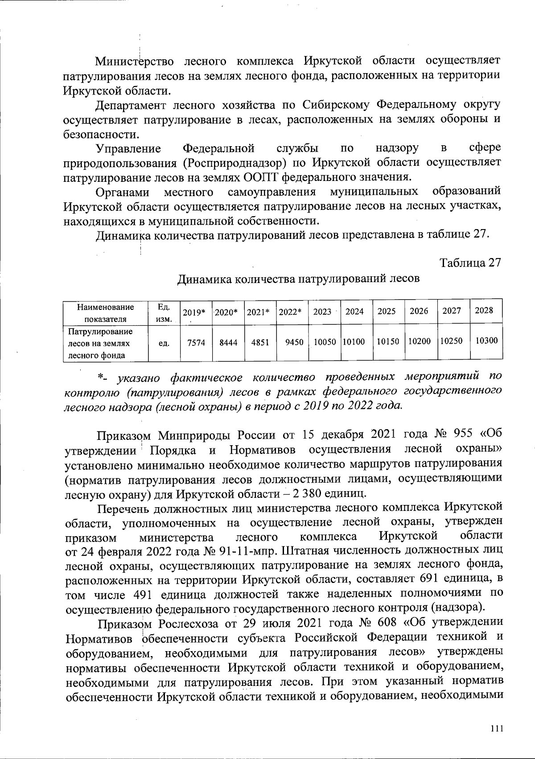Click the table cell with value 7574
196,343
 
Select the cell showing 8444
228,343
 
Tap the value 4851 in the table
260,343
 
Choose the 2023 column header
322,312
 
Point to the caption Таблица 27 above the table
470,263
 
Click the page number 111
496,728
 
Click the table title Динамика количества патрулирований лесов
299,279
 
